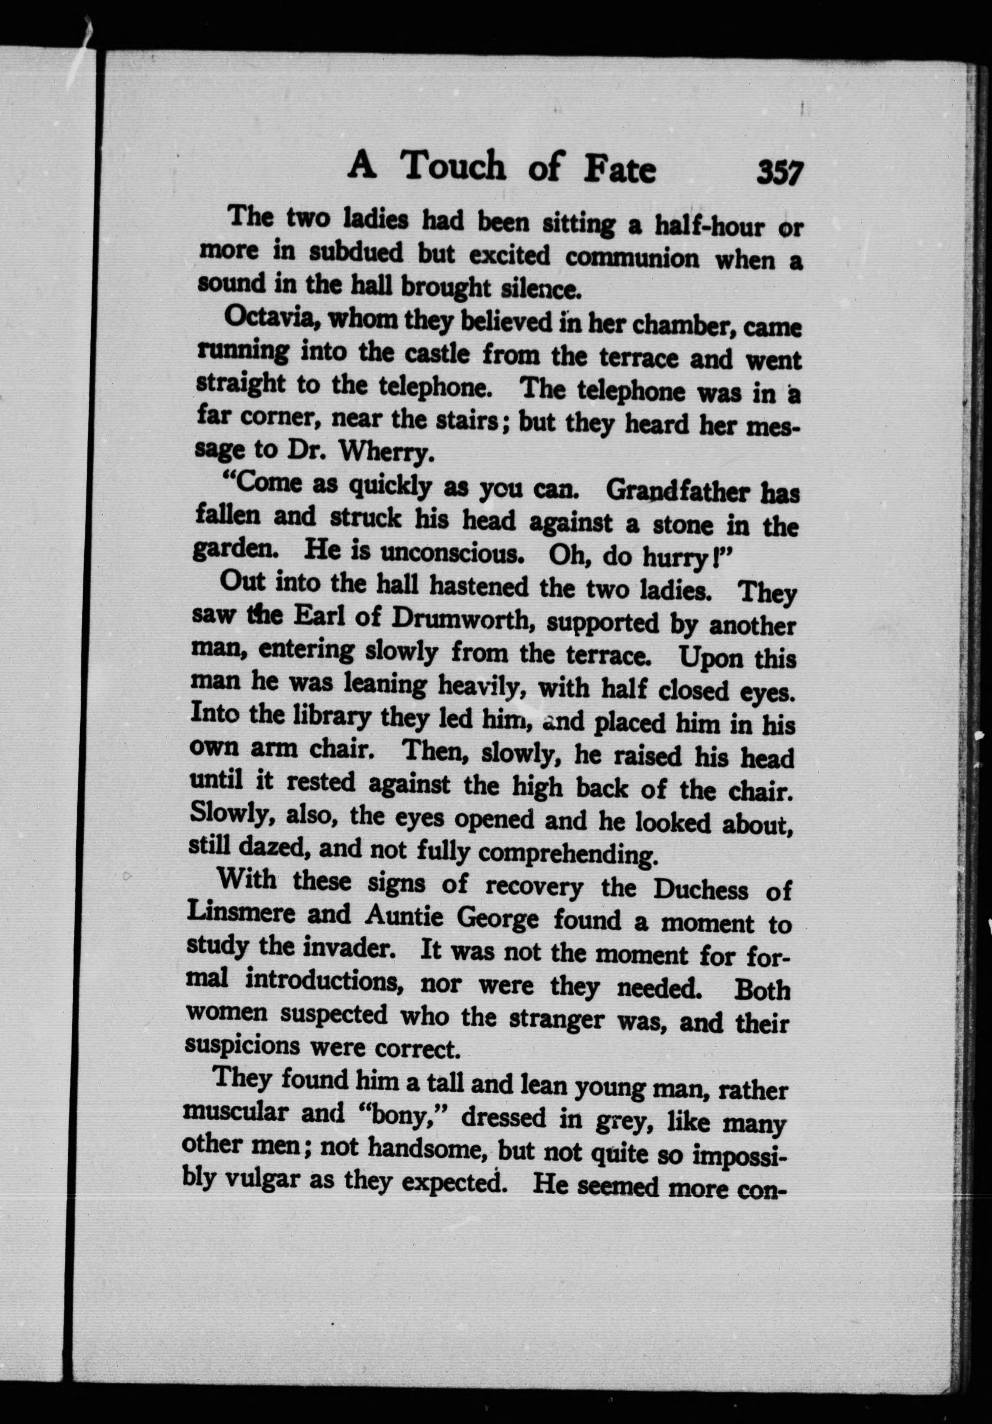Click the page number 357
(779, 172)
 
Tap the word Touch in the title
(452, 167)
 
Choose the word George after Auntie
(498, 918)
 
